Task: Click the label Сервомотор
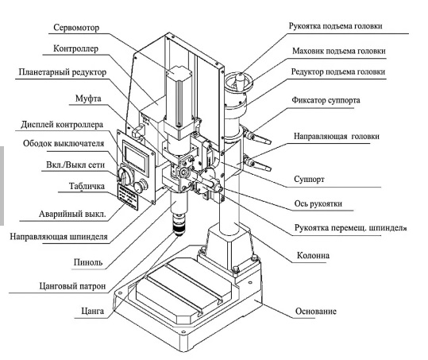76,28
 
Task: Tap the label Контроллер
75,48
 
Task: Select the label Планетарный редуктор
63,72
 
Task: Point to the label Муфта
88,99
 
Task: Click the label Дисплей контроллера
62,125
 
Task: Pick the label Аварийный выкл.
72,214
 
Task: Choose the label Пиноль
88,262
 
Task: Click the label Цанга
93,311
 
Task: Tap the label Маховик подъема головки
339,51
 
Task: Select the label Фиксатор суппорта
326,100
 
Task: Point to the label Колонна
313,255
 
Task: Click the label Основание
316,311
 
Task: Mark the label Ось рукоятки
318,203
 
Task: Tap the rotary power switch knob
125,175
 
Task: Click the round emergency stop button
141,186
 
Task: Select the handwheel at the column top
239,81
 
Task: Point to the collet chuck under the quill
178,225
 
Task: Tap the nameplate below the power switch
128,196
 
